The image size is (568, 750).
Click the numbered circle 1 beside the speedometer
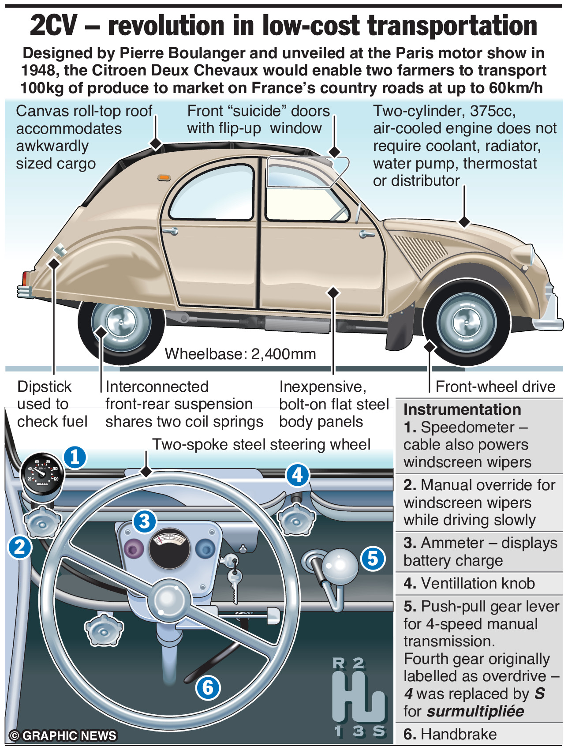click(x=75, y=457)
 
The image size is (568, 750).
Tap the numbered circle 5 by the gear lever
click(x=373, y=558)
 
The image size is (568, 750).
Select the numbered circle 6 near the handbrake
click(x=208, y=687)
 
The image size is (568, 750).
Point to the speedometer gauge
click(x=42, y=474)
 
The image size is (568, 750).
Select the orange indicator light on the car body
click(x=164, y=177)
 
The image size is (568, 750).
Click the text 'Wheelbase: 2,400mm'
click(x=240, y=354)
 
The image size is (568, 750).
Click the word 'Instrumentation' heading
click(x=462, y=409)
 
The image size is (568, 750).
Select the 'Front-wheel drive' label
click(x=495, y=386)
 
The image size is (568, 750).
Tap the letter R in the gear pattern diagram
click(x=338, y=663)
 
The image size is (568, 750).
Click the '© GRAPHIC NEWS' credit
click(x=63, y=735)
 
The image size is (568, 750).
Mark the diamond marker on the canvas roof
click(x=156, y=144)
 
